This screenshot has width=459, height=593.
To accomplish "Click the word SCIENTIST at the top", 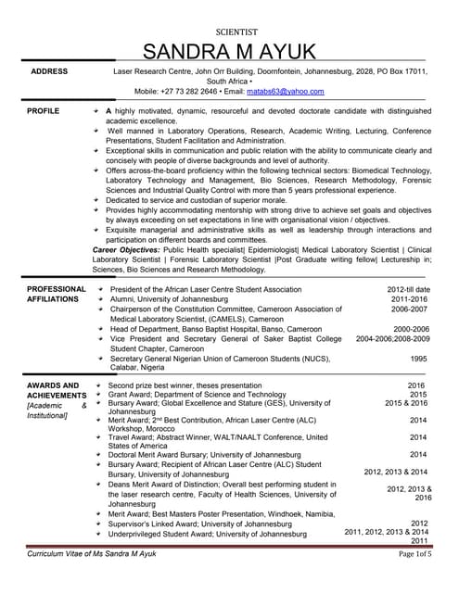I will click(229, 29).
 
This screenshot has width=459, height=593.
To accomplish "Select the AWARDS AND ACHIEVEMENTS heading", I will click(57, 390).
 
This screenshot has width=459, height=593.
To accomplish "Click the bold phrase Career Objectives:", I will click(131, 250).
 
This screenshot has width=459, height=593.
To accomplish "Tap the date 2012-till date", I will click(407, 289).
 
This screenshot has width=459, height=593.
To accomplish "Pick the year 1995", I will click(418, 359).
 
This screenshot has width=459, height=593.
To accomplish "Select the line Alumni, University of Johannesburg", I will click(177, 299).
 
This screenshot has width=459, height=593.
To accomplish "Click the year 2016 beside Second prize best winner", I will click(415, 385).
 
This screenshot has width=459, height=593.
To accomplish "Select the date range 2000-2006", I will click(411, 329).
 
